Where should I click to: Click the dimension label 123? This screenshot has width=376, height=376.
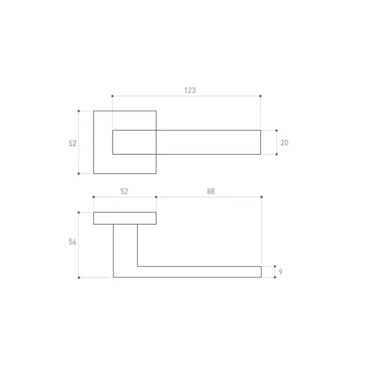[x=190, y=90]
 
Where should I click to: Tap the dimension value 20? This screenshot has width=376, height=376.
[x=284, y=143]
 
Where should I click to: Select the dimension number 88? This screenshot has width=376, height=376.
[x=211, y=191]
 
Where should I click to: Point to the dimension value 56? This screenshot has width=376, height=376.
[x=72, y=242]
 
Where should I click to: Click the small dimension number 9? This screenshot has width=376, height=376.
[x=280, y=271]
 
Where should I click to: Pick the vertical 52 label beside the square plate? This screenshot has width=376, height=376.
[x=72, y=144]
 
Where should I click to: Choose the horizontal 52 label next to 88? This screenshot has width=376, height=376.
[x=124, y=192]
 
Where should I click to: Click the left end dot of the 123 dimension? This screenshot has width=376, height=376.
[x=112, y=96]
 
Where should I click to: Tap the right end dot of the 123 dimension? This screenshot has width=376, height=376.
[x=260, y=96]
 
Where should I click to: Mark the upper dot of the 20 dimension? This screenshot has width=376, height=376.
[x=277, y=131]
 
